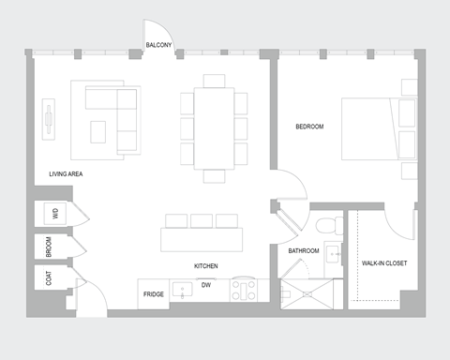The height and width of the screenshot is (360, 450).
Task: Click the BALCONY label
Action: [x=158, y=45]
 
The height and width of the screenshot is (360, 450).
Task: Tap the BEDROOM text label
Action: [x=309, y=127]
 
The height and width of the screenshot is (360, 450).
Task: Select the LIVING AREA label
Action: [x=67, y=174]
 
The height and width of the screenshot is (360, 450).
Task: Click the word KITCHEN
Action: [x=206, y=266]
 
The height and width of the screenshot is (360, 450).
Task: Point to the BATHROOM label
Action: [x=304, y=251]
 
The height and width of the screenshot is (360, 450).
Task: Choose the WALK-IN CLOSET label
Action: [x=384, y=263]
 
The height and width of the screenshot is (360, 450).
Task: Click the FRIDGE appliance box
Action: [x=155, y=293]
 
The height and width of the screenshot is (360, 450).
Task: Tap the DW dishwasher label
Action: [x=206, y=285]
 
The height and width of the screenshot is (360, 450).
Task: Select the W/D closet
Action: [x=54, y=214]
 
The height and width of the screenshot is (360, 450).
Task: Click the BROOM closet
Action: [x=52, y=246]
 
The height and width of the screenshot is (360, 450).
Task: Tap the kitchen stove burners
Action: [x=244, y=291]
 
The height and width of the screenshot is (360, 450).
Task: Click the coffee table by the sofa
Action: [x=98, y=131]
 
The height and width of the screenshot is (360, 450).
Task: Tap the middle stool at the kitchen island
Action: [x=201, y=221]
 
